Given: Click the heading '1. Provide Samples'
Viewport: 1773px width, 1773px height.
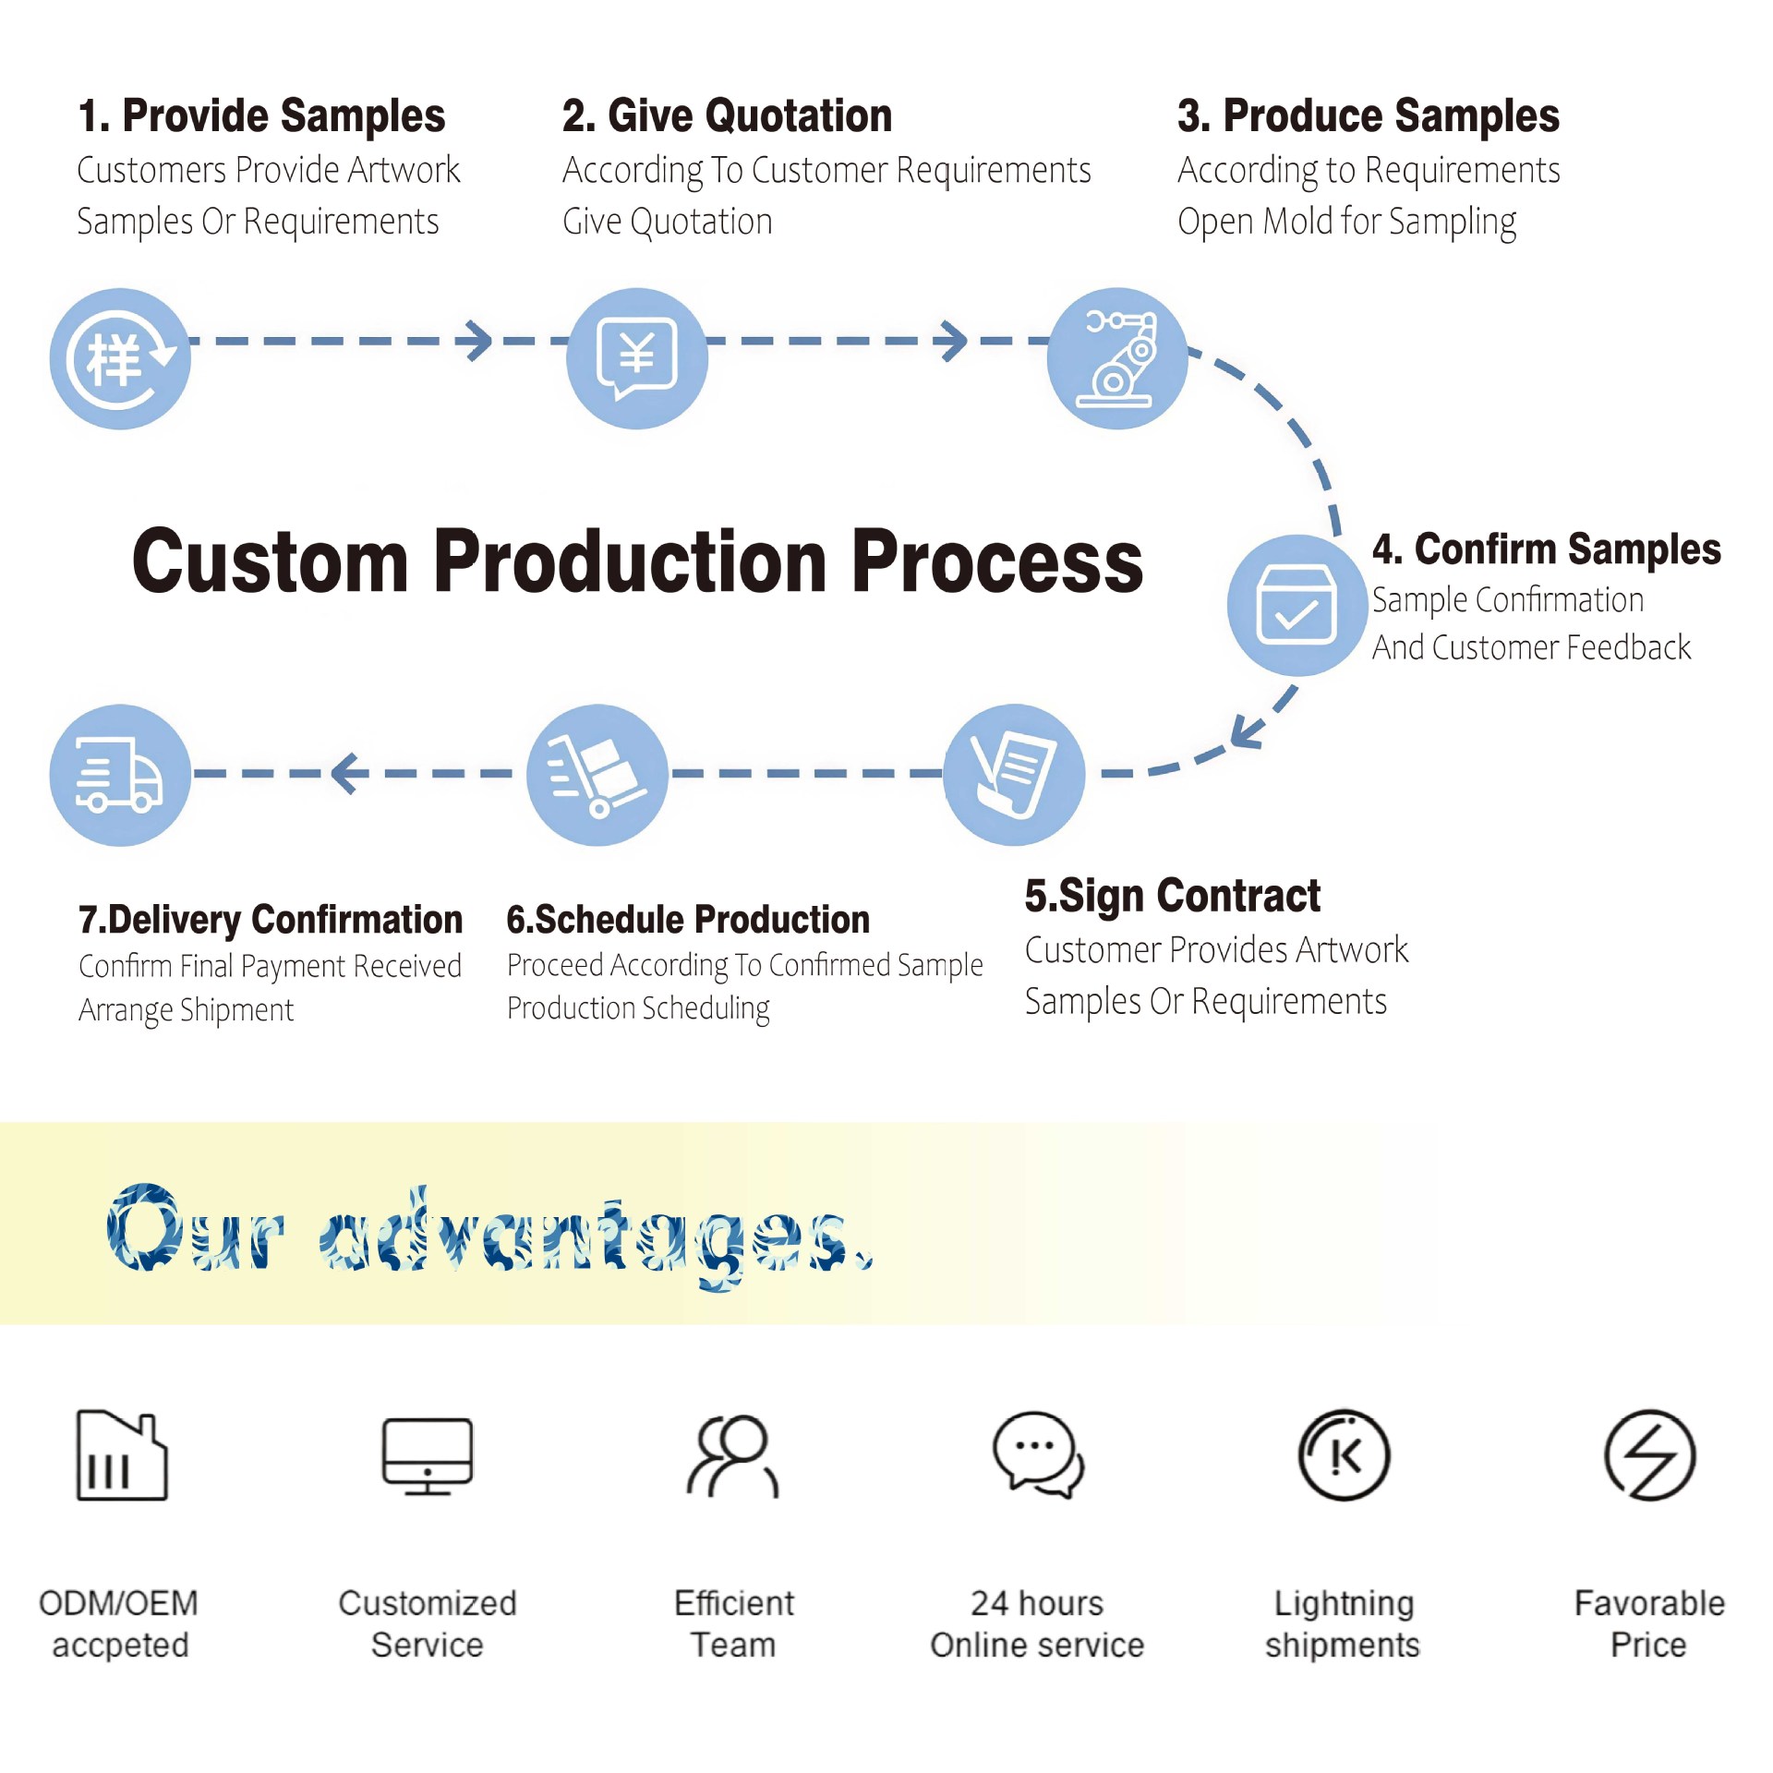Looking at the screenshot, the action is pyautogui.click(x=261, y=116).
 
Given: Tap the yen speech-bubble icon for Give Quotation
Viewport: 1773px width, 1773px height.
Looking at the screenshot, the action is pyautogui.click(x=637, y=358).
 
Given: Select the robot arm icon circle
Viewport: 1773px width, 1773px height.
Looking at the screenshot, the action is pyautogui.click(x=1117, y=358).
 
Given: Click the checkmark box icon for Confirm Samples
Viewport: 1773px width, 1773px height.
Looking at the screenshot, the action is pyautogui.click(x=1297, y=605).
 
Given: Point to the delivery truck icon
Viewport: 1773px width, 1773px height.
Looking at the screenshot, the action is pyautogui.click(x=120, y=775).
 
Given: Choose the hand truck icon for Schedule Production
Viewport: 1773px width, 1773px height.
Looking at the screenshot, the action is pyautogui.click(x=597, y=775).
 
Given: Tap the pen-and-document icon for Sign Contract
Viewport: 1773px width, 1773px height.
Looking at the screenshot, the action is pyautogui.click(x=1014, y=775).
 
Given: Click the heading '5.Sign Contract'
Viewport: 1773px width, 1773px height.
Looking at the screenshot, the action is pyautogui.click(x=1173, y=896).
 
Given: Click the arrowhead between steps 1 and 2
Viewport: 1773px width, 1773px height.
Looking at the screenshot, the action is pyautogui.click(x=478, y=341).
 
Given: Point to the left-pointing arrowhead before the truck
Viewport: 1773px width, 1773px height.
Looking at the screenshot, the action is pyautogui.click(x=344, y=774).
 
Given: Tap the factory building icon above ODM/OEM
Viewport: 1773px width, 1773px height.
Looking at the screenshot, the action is pyautogui.click(x=122, y=1456).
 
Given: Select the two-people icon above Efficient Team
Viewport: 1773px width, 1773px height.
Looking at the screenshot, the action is pyautogui.click(x=733, y=1456).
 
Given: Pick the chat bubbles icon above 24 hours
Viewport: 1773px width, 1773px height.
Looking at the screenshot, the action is pyautogui.click(x=1038, y=1455).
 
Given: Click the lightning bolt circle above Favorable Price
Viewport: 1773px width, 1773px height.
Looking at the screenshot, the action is pyautogui.click(x=1650, y=1456).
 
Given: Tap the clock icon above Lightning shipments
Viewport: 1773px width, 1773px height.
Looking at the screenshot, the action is pyautogui.click(x=1345, y=1456).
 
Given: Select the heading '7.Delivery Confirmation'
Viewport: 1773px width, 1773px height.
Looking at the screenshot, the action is pyautogui.click(x=271, y=920).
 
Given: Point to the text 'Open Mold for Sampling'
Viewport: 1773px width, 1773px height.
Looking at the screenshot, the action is pyautogui.click(x=1346, y=223).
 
